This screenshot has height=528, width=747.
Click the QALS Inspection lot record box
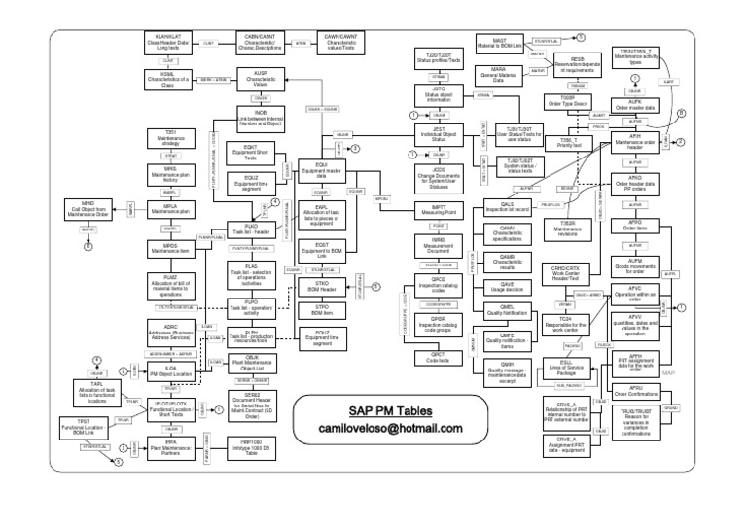[x=497, y=208]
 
